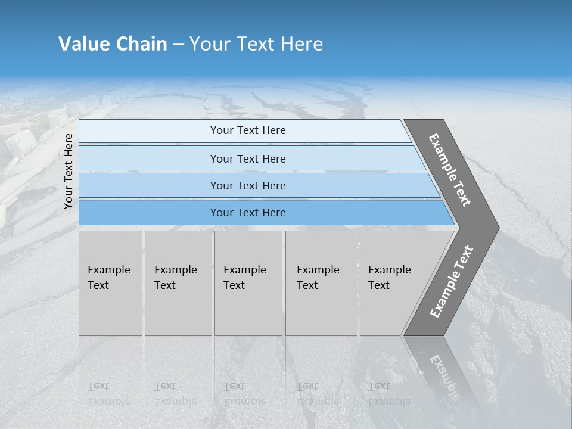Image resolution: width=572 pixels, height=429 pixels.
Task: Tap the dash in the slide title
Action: pyautogui.click(x=178, y=45)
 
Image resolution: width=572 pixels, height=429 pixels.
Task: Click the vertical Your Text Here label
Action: pyautogui.click(x=69, y=171)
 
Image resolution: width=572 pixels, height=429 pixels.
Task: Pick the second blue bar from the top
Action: pyautogui.click(x=247, y=158)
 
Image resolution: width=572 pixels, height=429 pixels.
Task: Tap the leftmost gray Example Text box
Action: pyautogui.click(x=110, y=283)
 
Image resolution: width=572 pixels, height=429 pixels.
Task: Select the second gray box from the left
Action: pyautogui.click(x=178, y=283)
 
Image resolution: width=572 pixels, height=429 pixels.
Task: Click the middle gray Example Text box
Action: pyautogui.click(x=248, y=283)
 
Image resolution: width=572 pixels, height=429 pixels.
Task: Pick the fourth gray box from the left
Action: pyautogui.click(x=321, y=283)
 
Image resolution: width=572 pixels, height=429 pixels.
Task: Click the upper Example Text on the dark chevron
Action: pyautogui.click(x=450, y=170)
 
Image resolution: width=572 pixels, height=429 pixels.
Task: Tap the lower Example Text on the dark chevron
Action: pyautogui.click(x=451, y=282)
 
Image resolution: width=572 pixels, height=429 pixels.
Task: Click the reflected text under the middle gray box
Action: pyautogui.click(x=244, y=394)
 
